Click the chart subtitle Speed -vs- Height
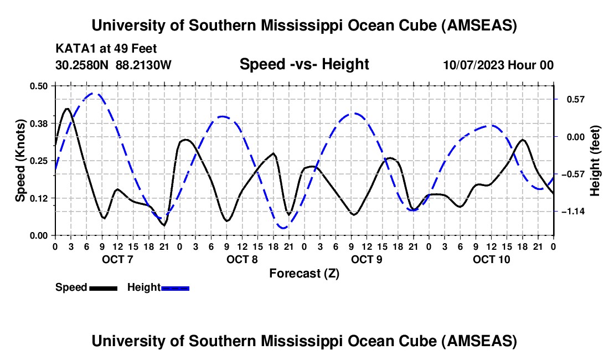click(x=304, y=65)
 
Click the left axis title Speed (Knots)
click(x=20, y=161)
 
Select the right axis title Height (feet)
click(x=595, y=161)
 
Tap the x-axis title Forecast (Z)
click(x=304, y=273)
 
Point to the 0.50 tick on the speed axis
click(x=39, y=85)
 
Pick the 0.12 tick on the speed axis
click(x=39, y=198)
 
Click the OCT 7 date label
click(x=117, y=259)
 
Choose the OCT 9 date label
click(x=367, y=259)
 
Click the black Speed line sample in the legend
click(x=102, y=288)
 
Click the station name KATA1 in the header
click(x=72, y=49)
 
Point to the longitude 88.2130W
click(x=144, y=65)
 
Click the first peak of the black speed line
click(x=68, y=109)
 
